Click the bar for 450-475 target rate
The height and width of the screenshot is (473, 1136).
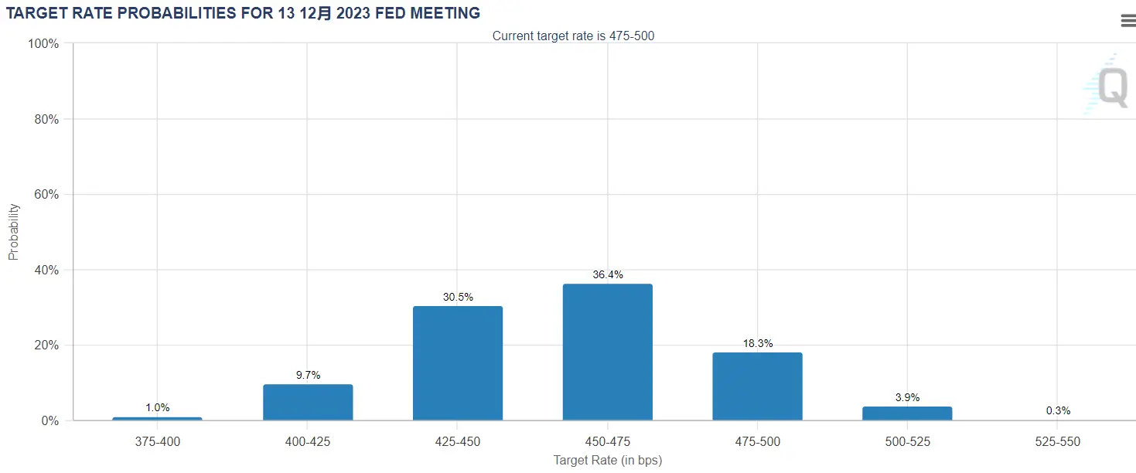click(607, 352)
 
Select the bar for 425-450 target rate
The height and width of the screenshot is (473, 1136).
click(457, 363)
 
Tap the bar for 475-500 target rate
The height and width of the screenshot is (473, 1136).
click(757, 386)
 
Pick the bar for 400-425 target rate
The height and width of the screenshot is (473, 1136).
click(308, 402)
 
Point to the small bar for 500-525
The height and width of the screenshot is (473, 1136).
click(907, 413)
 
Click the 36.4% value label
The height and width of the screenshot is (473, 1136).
click(607, 274)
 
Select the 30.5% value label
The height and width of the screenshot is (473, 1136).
click(457, 297)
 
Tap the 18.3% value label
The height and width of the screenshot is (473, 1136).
click(757, 343)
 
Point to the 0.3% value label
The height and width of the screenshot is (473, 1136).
click(1058, 410)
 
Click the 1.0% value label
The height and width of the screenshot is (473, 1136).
click(157, 407)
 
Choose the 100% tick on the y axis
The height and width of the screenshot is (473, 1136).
click(43, 43)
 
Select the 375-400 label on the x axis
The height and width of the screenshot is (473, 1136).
click(157, 442)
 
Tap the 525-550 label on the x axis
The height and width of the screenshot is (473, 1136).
click(1058, 442)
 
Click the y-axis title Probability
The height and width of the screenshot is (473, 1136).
click(13, 232)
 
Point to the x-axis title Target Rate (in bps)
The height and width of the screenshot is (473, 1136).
click(607, 461)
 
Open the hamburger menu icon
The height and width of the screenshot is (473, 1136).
click(1127, 21)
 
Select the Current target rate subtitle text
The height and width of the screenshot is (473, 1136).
click(573, 36)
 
